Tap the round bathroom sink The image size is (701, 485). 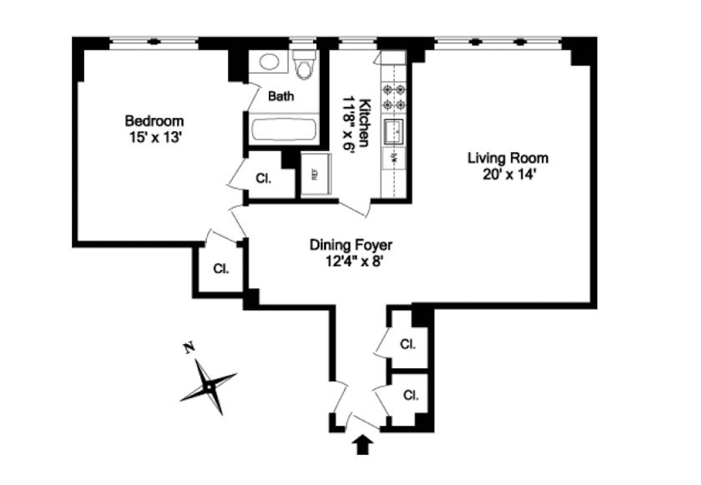[x=269, y=61]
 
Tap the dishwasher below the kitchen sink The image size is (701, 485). [x=394, y=158]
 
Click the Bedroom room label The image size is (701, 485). [x=154, y=121]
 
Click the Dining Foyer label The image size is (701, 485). [x=350, y=244]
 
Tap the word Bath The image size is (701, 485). [x=281, y=96]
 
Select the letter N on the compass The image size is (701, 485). [x=189, y=348]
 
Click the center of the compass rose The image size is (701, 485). [x=209, y=387]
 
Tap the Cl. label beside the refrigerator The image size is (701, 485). [x=263, y=178]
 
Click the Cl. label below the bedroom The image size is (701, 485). [x=221, y=269]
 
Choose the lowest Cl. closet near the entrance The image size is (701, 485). [x=411, y=395]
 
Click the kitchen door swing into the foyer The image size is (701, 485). [x=355, y=209]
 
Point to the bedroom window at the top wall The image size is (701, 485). [x=153, y=42]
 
